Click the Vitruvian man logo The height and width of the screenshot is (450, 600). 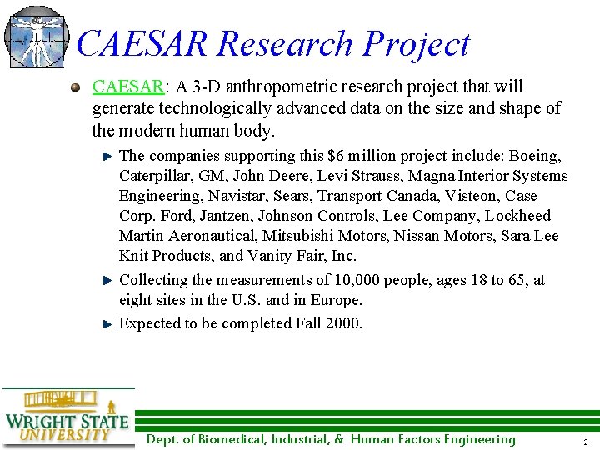tap(35, 37)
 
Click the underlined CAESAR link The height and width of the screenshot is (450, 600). tap(127, 87)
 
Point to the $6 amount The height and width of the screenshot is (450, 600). tap(336, 156)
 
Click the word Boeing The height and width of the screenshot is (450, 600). tap(534, 156)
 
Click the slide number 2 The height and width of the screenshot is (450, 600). tap(586, 442)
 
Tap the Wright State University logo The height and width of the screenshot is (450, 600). tap(67, 417)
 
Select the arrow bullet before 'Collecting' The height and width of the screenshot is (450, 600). tap(107, 281)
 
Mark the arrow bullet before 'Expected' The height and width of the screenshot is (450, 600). tap(107, 324)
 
